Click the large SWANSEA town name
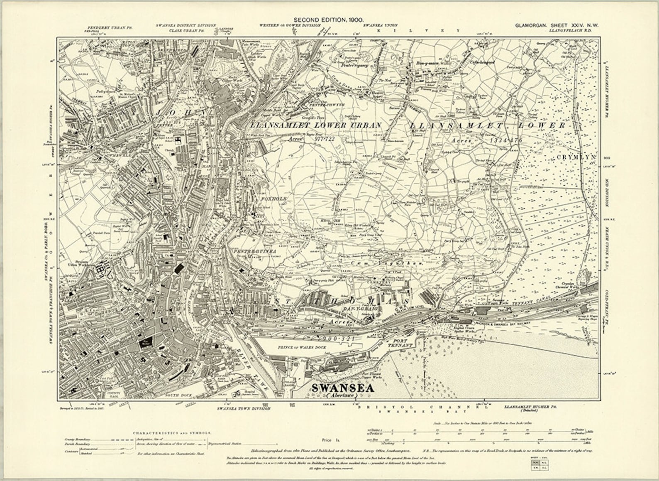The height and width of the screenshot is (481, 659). pos(342,388)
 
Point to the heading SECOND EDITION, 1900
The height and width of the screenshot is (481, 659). pos(329,20)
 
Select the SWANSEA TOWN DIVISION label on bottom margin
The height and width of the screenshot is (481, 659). pos(244,408)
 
